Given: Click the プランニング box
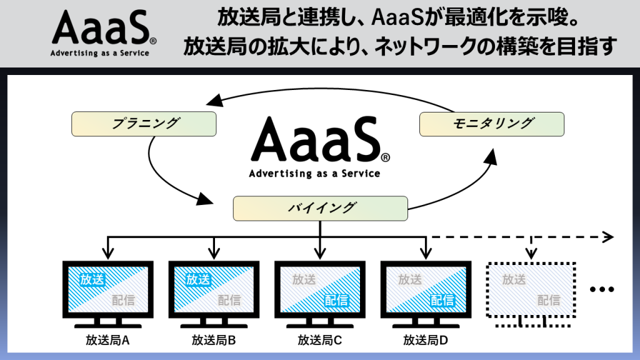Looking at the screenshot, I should point(144,124).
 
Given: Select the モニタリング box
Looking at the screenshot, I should point(492,124).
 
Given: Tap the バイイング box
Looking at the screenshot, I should point(321,208).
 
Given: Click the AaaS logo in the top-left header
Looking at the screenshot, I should point(100,34).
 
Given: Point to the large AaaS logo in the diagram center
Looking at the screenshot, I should point(319,146).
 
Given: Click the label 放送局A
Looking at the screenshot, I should point(107,341).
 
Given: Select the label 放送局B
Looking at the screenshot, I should point(214,341).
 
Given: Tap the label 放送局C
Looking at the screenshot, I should point(320,341).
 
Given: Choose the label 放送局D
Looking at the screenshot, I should point(426,341).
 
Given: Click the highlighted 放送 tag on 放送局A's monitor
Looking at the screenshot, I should point(92,279).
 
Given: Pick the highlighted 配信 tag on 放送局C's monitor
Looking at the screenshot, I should point(336,300).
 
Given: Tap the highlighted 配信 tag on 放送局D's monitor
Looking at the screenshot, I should point(442,300).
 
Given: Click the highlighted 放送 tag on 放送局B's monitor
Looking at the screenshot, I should point(198,279).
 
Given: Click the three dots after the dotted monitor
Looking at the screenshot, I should point(602,289).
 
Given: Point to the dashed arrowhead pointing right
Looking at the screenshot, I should point(607,237).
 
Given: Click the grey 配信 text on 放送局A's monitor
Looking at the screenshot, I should point(124,300).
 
